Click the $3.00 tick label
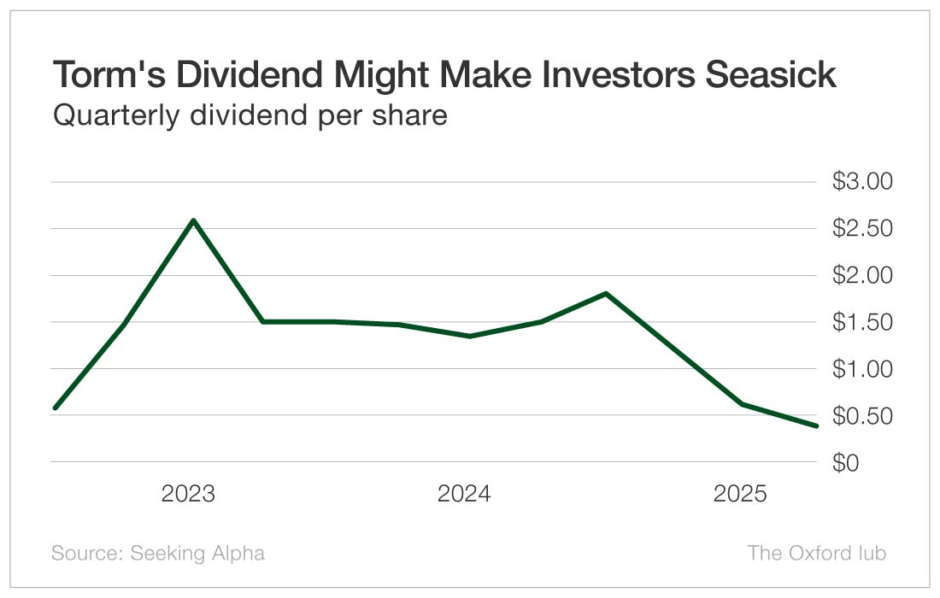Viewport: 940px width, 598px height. tap(861, 182)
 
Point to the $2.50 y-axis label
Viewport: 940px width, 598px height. tap(861, 229)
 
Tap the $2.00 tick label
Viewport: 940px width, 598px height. tap(861, 276)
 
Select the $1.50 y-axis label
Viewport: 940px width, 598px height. tap(861, 323)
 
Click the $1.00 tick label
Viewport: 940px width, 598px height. tap(861, 370)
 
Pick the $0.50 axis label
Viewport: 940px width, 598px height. tap(861, 417)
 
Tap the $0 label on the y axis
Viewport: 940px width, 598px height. tap(845, 463)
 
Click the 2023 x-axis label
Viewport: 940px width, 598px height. tap(188, 494)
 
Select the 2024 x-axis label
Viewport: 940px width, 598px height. tap(464, 494)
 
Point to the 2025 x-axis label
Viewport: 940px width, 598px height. tap(740, 494)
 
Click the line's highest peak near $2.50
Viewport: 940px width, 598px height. tap(193, 220)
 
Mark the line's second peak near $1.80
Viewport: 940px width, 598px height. tap(606, 294)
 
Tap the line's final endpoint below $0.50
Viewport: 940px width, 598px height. tap(816, 425)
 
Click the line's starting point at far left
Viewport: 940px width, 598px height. tap(55, 407)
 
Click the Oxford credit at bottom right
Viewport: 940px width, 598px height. tap(816, 553)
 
